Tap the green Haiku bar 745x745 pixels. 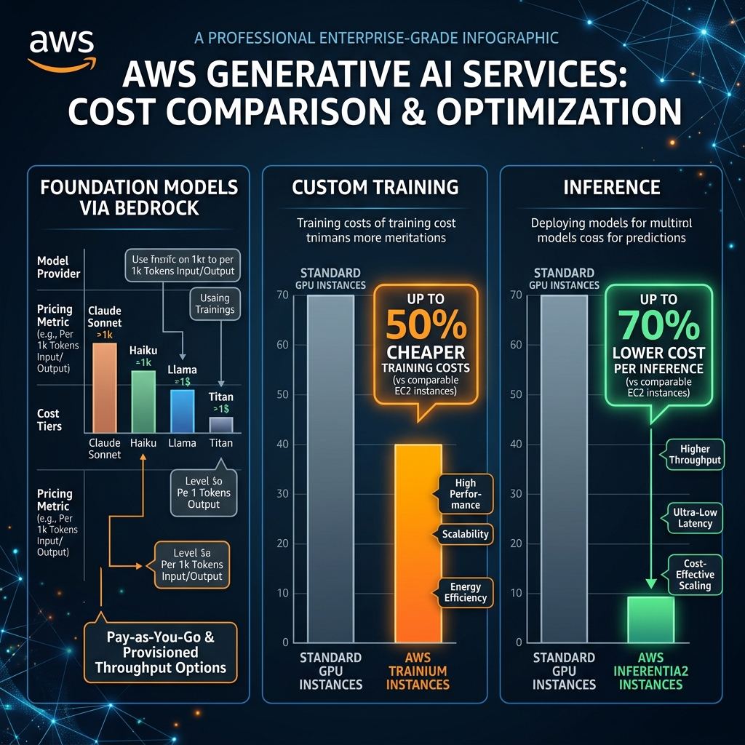coord(143,401)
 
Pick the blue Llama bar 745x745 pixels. coord(182,411)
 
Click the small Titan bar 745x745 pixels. coord(221,424)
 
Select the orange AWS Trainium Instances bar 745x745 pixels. coord(418,543)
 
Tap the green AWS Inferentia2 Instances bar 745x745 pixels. coord(650,619)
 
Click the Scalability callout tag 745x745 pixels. coord(466,534)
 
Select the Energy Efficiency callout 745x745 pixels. coord(466,592)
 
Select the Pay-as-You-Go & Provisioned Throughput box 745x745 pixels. coord(160,652)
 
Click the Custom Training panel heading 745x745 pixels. coord(375,188)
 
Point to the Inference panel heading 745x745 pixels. coord(612,188)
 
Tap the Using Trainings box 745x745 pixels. coord(215,304)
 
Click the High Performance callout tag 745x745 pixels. coord(466,493)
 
